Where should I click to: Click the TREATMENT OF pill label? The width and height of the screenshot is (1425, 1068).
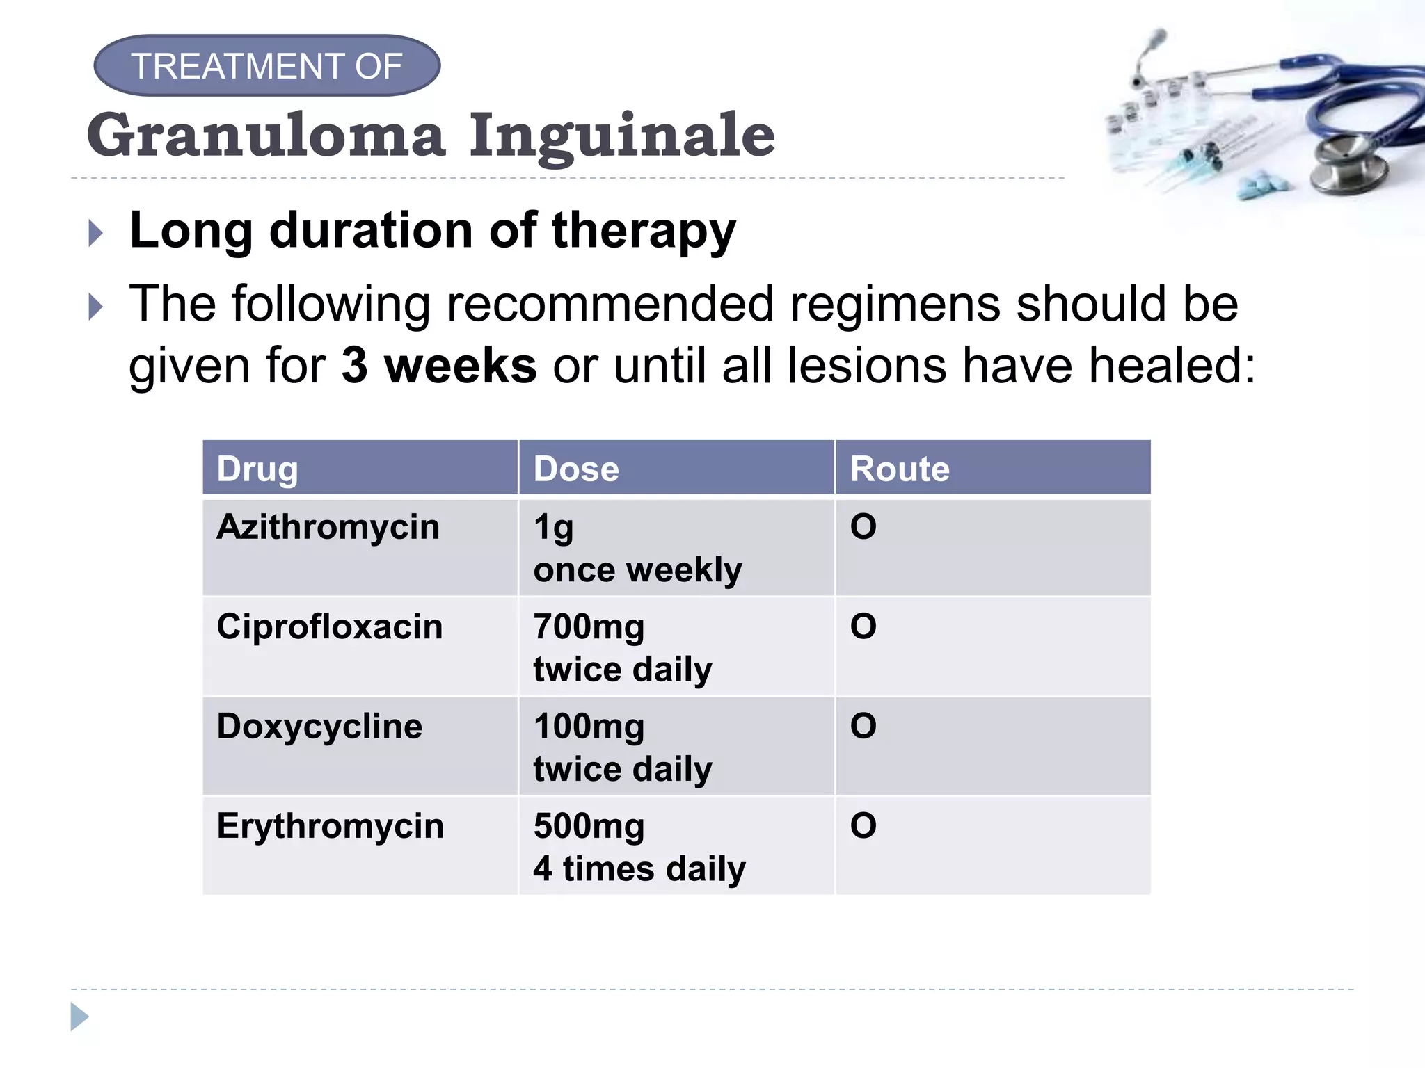point(266,66)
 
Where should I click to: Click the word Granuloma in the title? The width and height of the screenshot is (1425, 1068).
point(266,136)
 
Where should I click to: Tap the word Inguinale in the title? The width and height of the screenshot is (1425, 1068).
point(621,136)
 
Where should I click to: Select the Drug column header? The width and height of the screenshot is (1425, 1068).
point(257,469)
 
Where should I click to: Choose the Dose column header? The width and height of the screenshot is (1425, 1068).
point(576,469)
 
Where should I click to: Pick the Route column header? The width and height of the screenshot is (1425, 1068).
point(900,469)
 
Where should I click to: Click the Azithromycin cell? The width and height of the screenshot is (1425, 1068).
point(328,527)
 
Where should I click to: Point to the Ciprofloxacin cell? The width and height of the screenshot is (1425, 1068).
point(329,626)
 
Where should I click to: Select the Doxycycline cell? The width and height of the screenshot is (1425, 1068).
point(319,727)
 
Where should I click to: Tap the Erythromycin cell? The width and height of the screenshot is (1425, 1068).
point(330,826)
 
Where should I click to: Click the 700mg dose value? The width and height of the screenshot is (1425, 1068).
point(589,626)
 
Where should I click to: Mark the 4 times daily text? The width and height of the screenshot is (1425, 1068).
point(639,869)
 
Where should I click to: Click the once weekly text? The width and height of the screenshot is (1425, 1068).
point(637,570)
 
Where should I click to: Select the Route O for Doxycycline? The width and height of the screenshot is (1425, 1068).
point(863,727)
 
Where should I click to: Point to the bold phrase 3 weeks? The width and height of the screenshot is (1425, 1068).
point(438,366)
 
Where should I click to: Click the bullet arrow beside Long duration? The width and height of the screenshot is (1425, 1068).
point(96,234)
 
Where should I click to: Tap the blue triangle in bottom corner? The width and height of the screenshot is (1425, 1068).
point(79,1017)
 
